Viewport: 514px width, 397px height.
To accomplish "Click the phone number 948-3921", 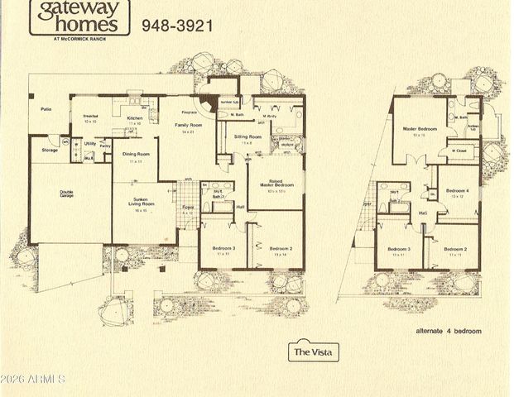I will pos(177,26).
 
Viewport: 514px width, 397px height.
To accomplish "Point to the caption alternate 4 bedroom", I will pos(448,330).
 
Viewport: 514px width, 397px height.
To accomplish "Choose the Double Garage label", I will pos(66,195).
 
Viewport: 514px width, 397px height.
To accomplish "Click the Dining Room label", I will pos(136,155).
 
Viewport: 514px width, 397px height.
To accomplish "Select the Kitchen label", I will pos(135,118).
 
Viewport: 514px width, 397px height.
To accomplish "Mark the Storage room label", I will pos(50,151).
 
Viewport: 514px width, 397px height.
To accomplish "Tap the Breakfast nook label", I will pos(91,117).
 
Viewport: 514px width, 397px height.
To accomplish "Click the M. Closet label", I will pos(459,151).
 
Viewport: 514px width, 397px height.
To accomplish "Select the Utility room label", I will pos(91,142).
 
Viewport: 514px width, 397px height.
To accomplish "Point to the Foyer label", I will pos(187,208).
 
